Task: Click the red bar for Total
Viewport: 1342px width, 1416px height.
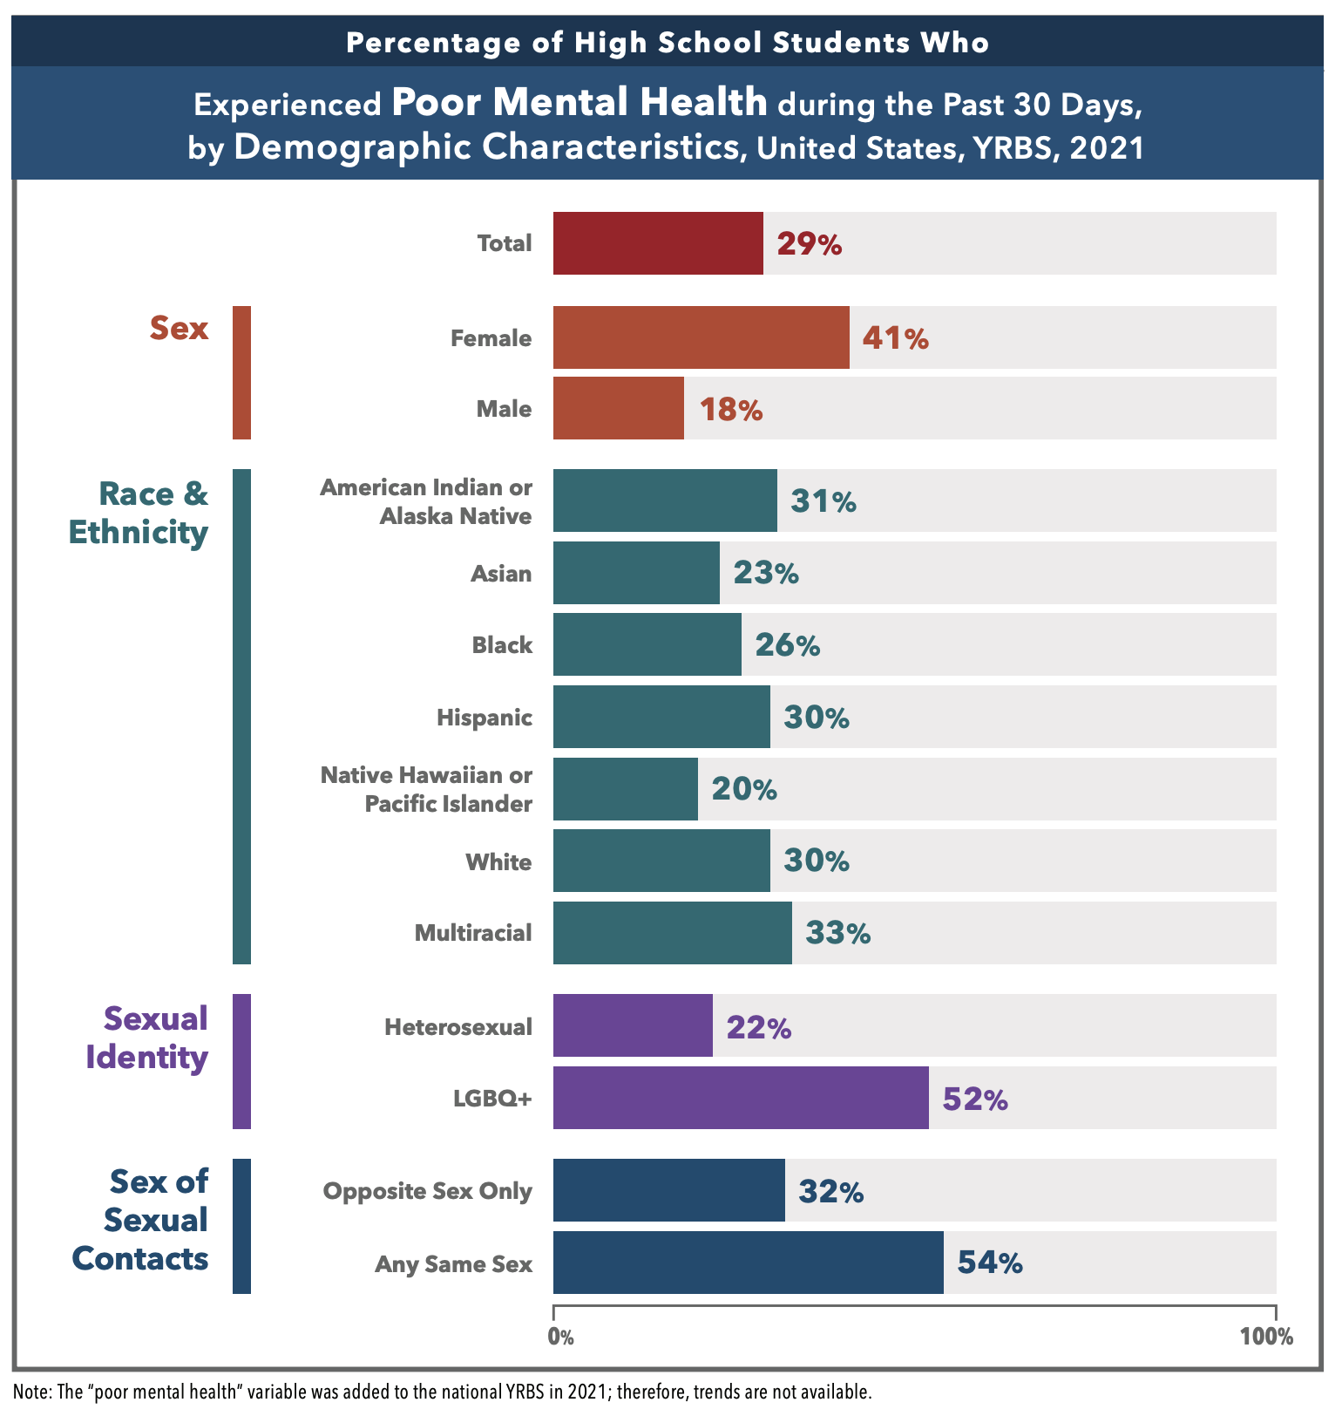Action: [658, 243]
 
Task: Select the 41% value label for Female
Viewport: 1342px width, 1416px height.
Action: [895, 338]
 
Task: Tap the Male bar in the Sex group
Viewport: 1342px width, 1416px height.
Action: [619, 408]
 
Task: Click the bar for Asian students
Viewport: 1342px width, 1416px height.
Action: [636, 573]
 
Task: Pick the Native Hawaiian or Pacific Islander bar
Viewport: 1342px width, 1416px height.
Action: [626, 789]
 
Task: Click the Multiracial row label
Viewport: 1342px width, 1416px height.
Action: [473, 933]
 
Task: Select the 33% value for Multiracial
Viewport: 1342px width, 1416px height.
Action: [837, 933]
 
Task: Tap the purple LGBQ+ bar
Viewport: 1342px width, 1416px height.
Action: [741, 1098]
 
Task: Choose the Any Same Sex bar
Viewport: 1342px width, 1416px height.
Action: [748, 1263]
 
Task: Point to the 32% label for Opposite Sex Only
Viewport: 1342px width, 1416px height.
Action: [830, 1191]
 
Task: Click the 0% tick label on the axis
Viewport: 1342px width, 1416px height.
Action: [560, 1337]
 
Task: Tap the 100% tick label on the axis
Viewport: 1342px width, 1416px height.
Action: [1266, 1337]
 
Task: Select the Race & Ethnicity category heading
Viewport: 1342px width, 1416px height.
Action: [139, 513]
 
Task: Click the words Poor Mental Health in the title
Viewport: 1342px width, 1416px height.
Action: [579, 103]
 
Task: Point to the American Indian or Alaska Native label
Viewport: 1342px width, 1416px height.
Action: [426, 501]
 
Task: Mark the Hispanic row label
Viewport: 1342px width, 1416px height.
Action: [485, 718]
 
